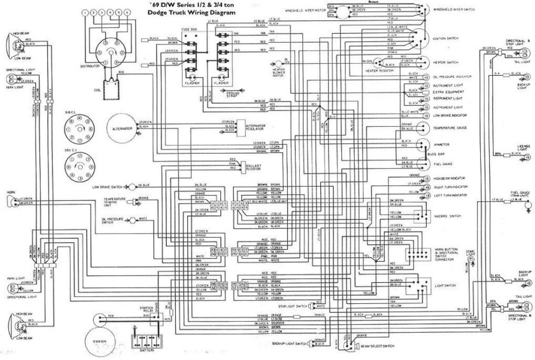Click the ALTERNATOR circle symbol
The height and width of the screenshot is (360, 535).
(125, 128)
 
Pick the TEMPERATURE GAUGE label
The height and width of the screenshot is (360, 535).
(451, 128)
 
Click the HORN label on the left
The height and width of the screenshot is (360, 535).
(11, 192)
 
